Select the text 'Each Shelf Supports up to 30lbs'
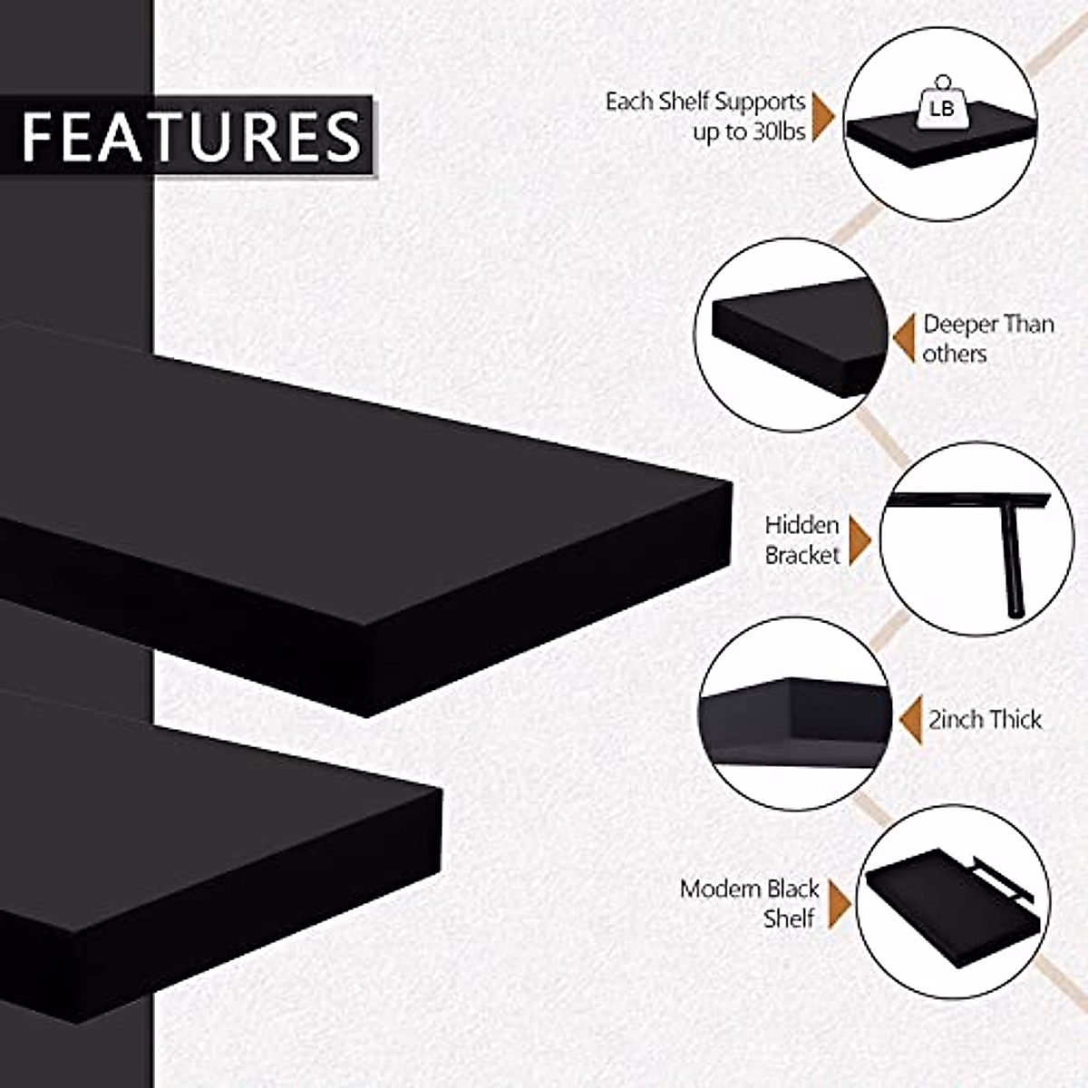tap(705, 116)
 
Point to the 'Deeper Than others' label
tap(987, 338)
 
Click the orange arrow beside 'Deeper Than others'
tap(903, 338)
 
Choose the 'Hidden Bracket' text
tap(802, 539)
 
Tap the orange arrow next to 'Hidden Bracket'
tap(859, 540)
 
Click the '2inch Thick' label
tap(985, 720)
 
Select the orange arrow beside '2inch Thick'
tap(909, 720)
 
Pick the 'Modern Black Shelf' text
tap(749, 902)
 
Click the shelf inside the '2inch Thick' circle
tap(789, 716)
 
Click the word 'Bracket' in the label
tap(802, 555)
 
